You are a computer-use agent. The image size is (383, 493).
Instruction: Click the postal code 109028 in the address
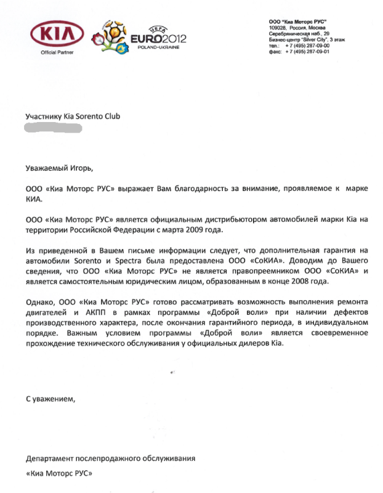click(278, 28)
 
